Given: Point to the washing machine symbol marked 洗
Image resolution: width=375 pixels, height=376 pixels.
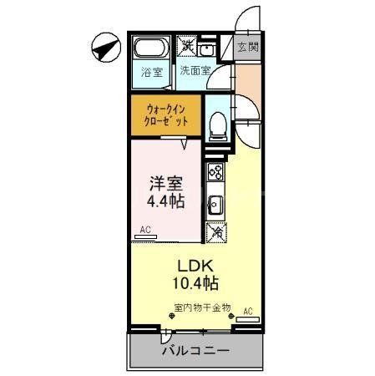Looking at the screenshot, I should (188, 47).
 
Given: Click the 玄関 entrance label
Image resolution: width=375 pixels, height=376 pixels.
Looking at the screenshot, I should (247, 47).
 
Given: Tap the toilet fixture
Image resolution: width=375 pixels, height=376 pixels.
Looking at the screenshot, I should (216, 124).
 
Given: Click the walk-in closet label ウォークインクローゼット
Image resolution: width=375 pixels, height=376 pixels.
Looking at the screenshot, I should (165, 114).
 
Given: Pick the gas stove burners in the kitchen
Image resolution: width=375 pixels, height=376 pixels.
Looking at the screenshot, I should (215, 173).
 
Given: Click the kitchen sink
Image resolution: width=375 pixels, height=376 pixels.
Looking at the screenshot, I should (215, 203).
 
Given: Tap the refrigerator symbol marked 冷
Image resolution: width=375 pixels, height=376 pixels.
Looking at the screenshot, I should (216, 233).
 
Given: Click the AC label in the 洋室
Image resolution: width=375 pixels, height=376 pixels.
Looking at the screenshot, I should (145, 229).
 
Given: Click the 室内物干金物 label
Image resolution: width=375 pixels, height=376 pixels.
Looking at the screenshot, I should (202, 308).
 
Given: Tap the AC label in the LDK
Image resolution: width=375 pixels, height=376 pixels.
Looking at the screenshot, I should (247, 312).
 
